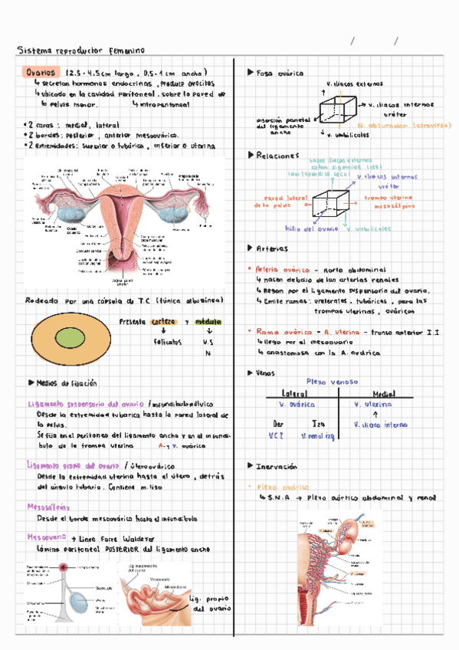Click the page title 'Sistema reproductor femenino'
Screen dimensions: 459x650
click(74, 51)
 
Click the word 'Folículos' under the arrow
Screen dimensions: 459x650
click(166, 342)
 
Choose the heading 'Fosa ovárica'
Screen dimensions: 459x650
click(280, 73)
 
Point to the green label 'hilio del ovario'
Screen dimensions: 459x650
click(312, 228)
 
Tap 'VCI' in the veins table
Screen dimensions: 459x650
click(277, 435)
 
